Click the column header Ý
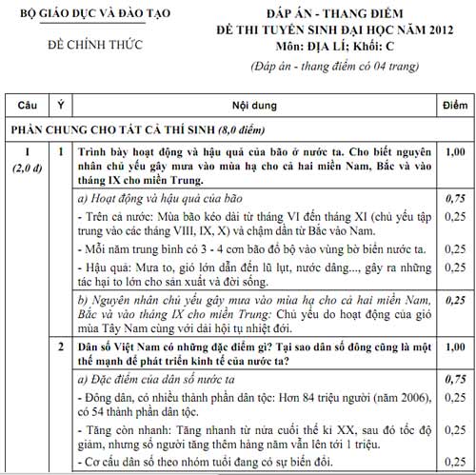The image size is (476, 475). pos(61,103)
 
